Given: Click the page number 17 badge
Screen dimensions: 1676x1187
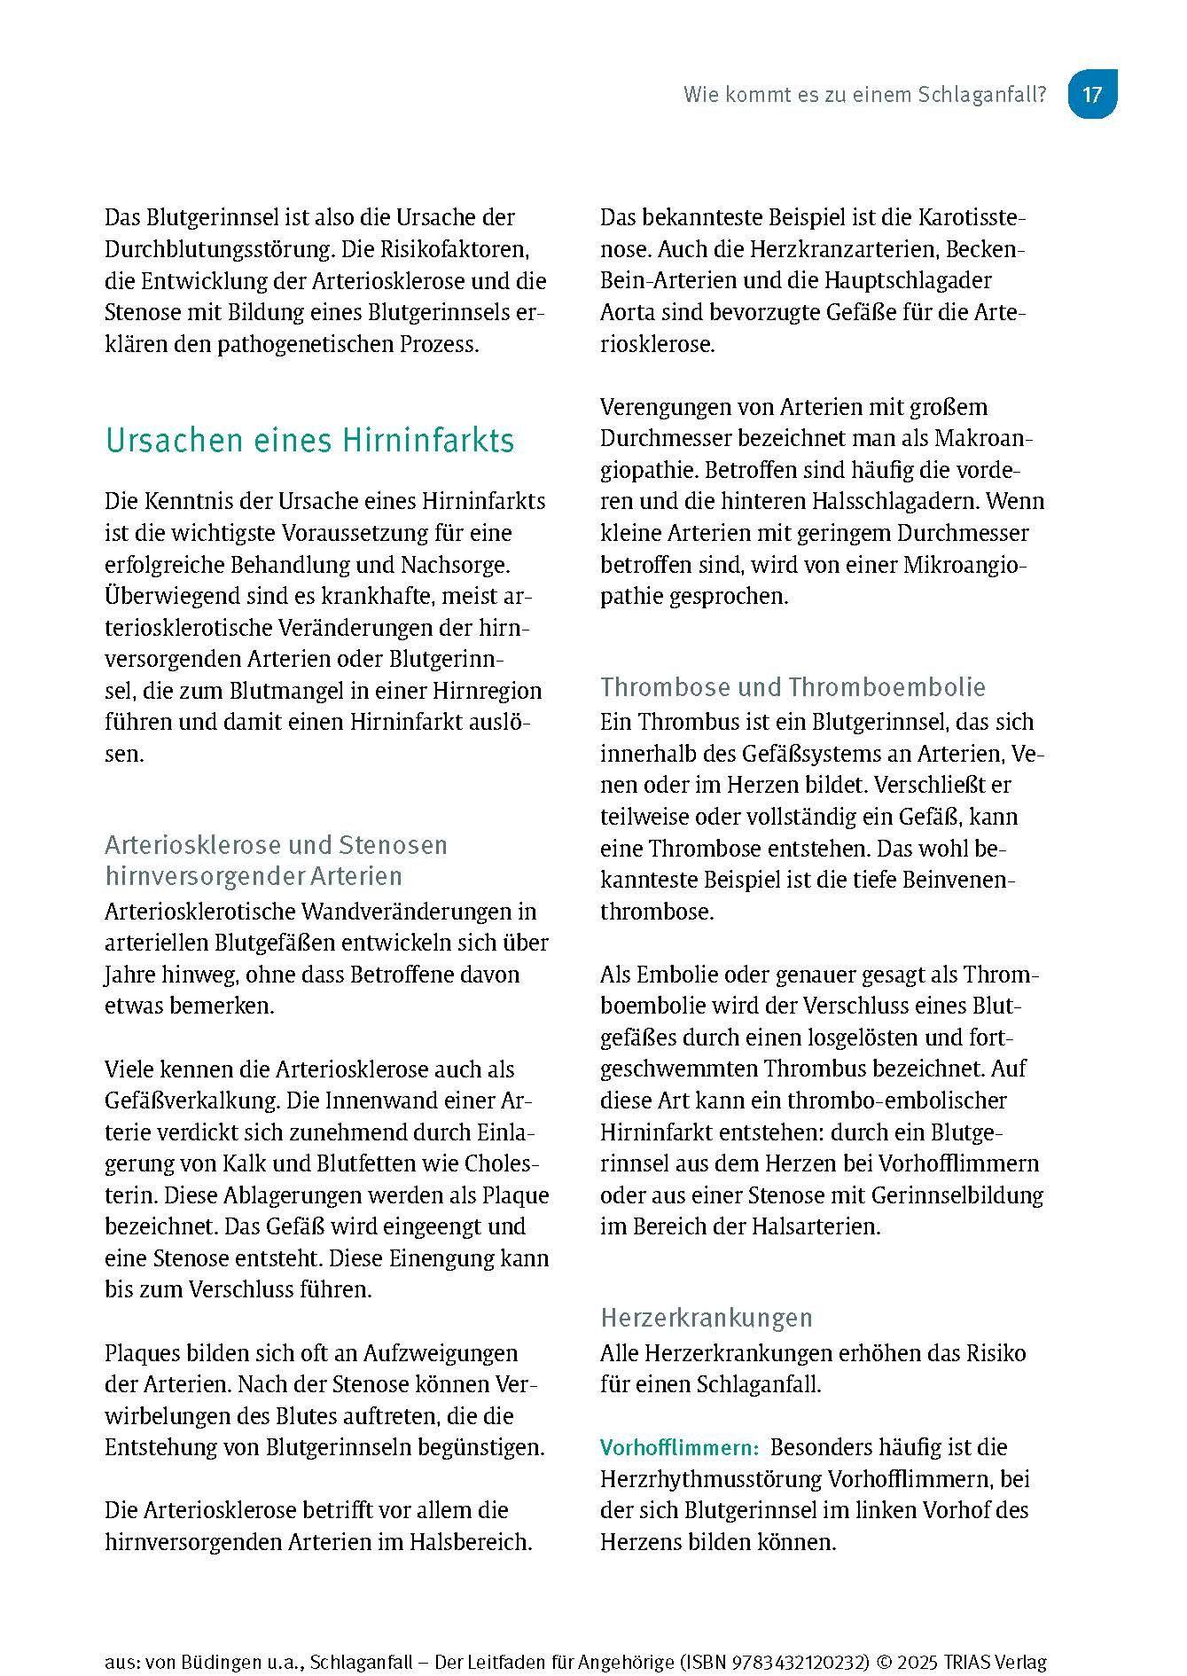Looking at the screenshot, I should tap(1091, 94).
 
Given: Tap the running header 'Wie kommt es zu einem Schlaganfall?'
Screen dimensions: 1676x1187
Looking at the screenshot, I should tap(864, 95).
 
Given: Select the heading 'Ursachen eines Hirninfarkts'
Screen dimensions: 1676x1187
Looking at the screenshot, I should tap(309, 441).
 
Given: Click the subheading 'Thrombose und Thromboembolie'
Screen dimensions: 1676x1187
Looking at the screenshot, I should tap(793, 687).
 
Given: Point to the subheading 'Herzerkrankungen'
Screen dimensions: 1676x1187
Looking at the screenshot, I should tap(706, 1318).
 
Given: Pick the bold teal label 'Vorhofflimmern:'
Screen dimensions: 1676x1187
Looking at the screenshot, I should tap(679, 1448).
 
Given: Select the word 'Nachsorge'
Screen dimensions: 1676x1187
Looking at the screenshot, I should tap(468, 565).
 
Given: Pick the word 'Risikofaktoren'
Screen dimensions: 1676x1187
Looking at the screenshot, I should tap(460, 249).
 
